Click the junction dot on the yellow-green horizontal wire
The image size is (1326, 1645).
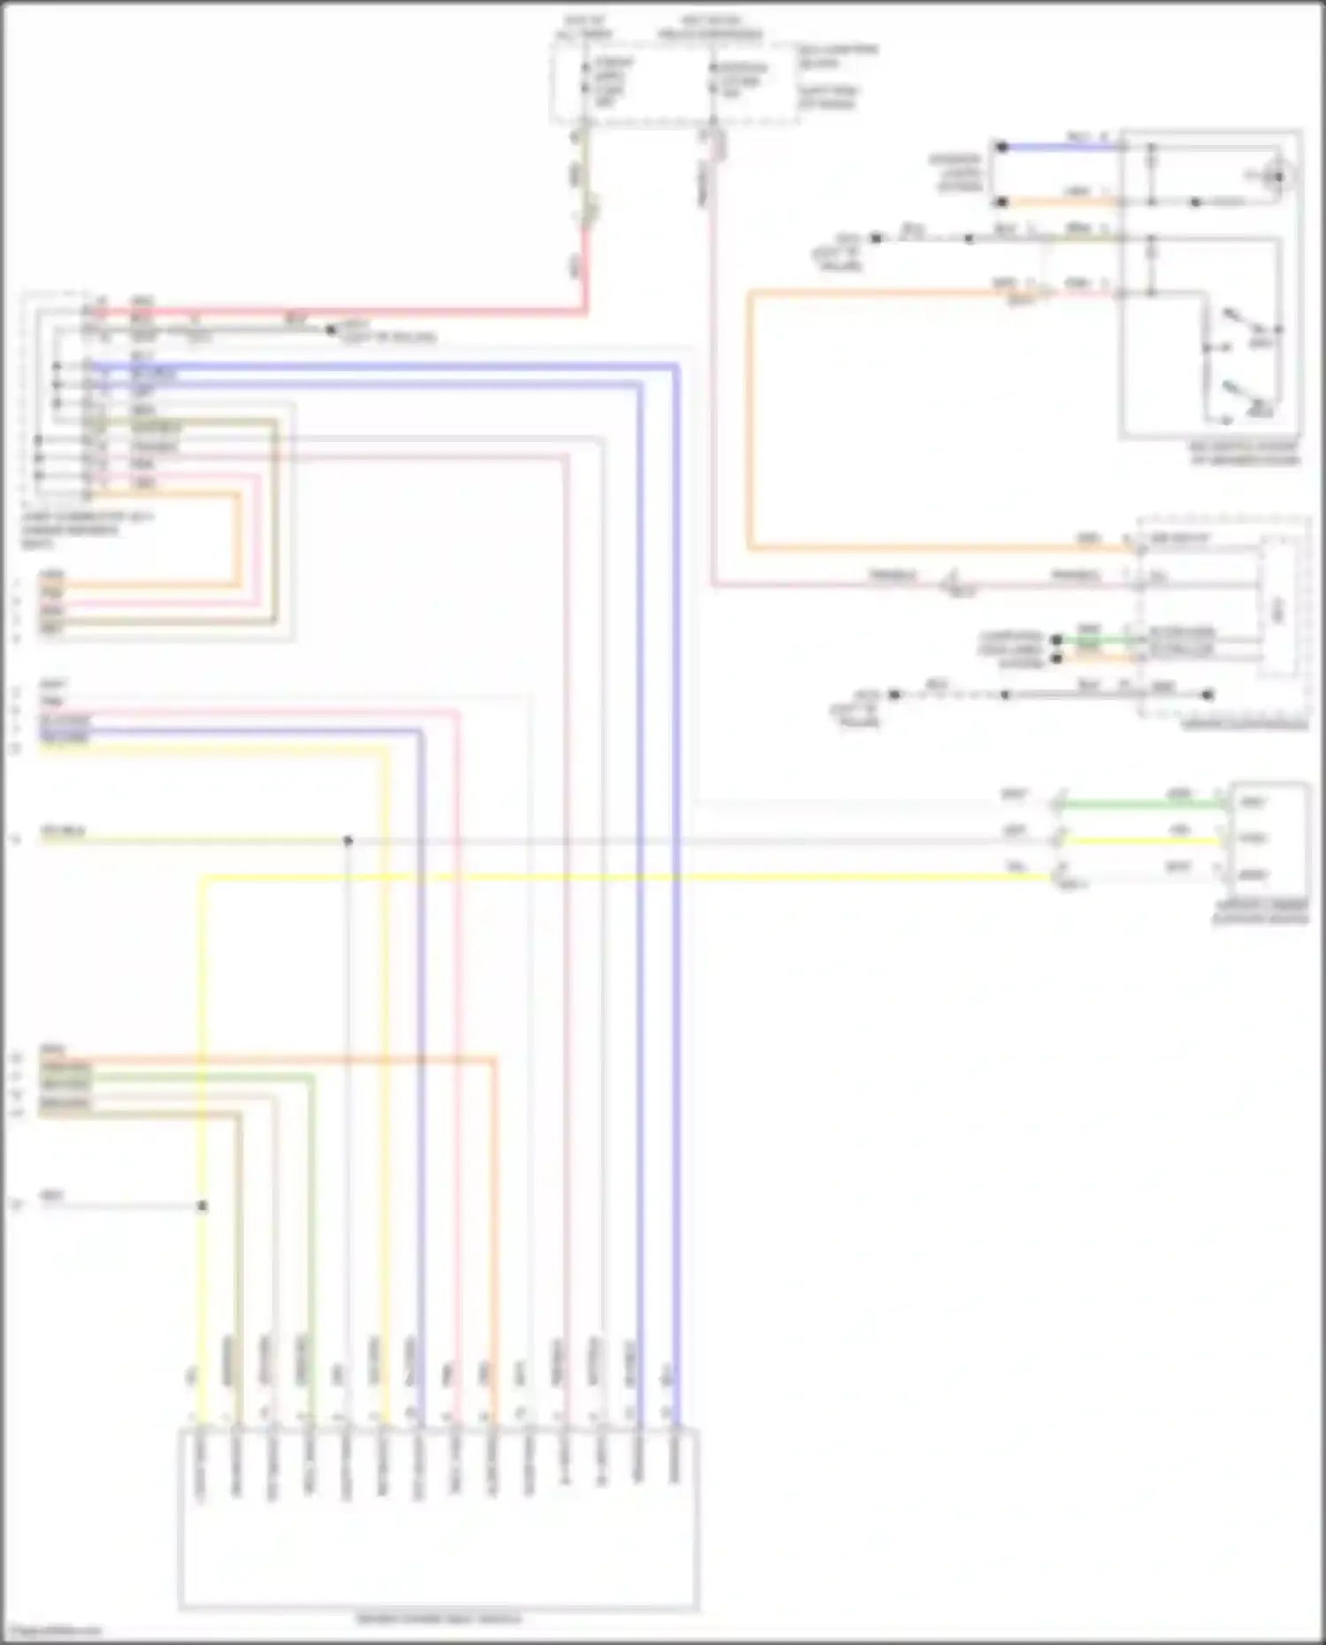(x=348, y=841)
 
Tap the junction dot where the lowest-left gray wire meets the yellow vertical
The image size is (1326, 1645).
(x=202, y=1206)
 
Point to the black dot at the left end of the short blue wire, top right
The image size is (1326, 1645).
(x=1002, y=147)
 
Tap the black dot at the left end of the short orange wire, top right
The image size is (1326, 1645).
(x=1002, y=202)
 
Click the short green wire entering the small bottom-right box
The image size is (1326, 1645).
(x=1140, y=804)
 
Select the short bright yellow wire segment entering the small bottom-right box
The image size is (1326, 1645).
(x=1140, y=841)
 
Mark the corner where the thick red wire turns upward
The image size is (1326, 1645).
(x=583, y=311)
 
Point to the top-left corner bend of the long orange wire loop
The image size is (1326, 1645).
(x=750, y=293)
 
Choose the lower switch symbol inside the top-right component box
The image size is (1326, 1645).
(x=1246, y=397)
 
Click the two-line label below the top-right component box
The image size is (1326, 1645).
(x=1245, y=453)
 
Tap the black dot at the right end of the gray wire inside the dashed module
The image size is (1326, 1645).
(x=1208, y=695)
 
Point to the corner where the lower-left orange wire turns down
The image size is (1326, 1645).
(x=494, y=1059)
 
